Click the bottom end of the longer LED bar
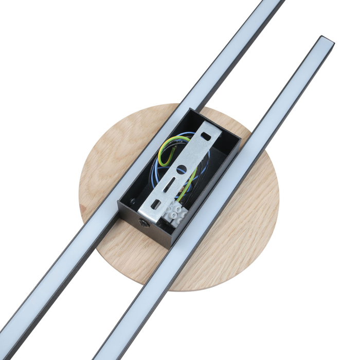click(8, 339)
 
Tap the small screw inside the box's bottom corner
click(135, 202)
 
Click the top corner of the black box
click(192, 110)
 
